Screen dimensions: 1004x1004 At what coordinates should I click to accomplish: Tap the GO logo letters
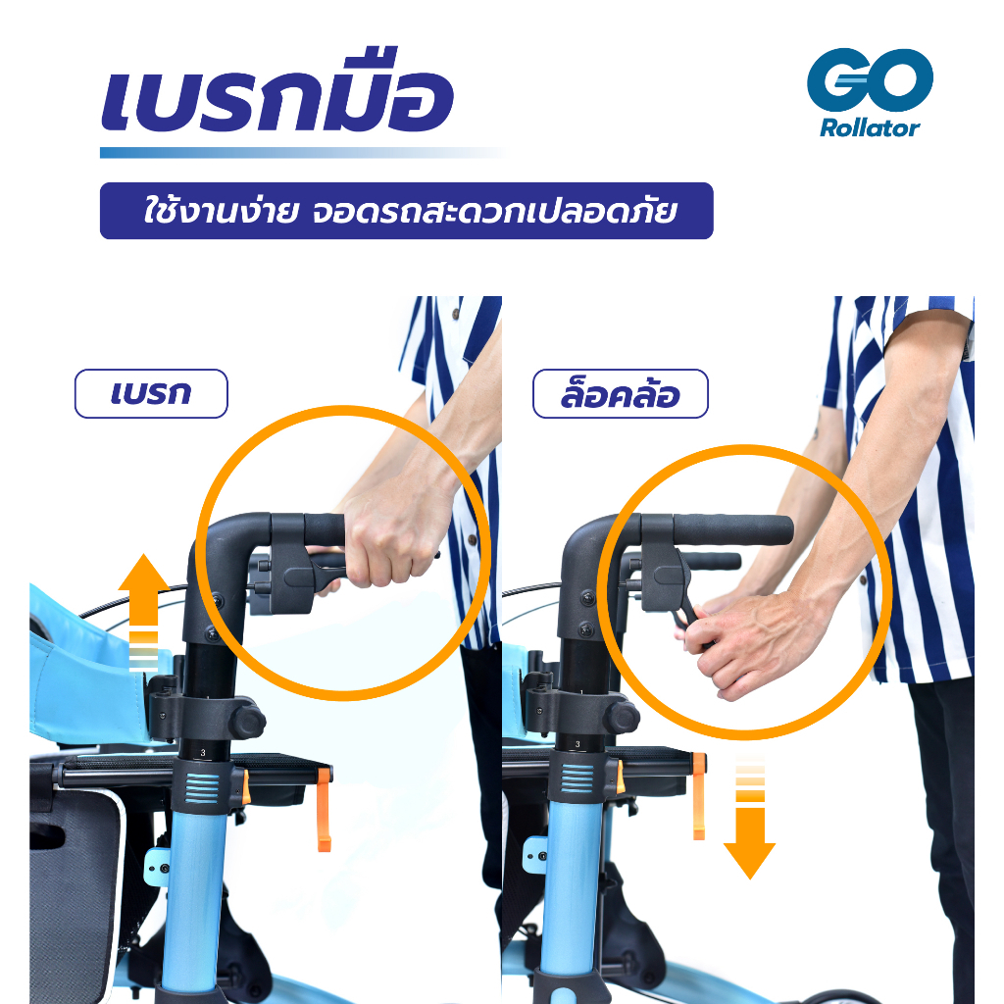(870, 80)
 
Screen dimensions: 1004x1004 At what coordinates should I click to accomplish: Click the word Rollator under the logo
(870, 127)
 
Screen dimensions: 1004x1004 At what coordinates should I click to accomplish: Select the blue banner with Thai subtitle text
(406, 211)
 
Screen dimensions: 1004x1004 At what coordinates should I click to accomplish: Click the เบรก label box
(151, 394)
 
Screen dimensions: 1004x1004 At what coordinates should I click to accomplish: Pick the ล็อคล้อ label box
(620, 394)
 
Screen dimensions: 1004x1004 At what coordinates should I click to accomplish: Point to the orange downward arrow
(750, 824)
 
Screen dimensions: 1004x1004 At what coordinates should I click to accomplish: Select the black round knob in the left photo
(247, 723)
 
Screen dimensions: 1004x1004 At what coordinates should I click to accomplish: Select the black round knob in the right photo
(621, 716)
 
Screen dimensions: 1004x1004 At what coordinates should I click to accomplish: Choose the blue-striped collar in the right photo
(577, 779)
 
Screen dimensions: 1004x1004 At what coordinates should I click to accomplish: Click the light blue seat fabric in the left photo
(88, 667)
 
